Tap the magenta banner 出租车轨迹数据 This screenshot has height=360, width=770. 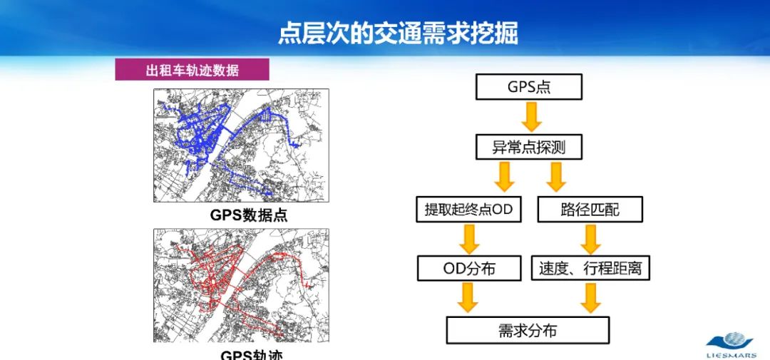[192, 69]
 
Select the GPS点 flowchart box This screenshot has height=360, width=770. [528, 87]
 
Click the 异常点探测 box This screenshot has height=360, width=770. [528, 148]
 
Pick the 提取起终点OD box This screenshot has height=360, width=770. [468, 210]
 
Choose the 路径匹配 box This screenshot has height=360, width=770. [590, 210]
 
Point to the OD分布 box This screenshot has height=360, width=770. [468, 268]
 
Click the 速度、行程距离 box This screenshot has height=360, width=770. [590, 268]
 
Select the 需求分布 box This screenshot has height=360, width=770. [528, 331]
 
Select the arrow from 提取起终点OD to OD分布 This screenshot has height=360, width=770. [468, 239]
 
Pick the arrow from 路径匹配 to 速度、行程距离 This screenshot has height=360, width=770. [590, 239]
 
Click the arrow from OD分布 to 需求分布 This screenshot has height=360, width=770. [468, 298]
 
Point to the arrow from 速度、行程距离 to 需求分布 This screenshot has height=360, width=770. [590, 298]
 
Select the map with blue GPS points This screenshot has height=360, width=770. [241, 145]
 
